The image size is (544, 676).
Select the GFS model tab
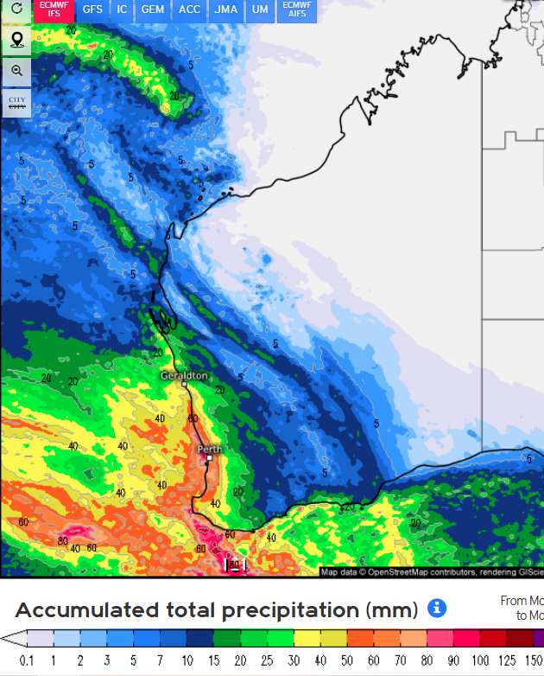pyautogui.click(x=92, y=10)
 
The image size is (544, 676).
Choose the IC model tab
pyautogui.click(x=122, y=10)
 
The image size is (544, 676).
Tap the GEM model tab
pyautogui.click(x=153, y=10)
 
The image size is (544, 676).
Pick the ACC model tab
pyautogui.click(x=189, y=10)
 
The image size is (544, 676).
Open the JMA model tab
pyautogui.click(x=226, y=10)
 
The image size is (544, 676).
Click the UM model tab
pyautogui.click(x=259, y=10)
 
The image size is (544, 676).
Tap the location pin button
pyautogui.click(x=16, y=41)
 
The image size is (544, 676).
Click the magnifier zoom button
pyautogui.click(x=16, y=71)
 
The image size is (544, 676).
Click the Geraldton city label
pyautogui.click(x=184, y=376)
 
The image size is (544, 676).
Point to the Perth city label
pyautogui.click(x=210, y=450)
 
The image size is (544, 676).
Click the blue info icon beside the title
pyautogui.click(x=437, y=609)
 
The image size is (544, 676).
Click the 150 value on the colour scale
pyautogui.click(x=534, y=661)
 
